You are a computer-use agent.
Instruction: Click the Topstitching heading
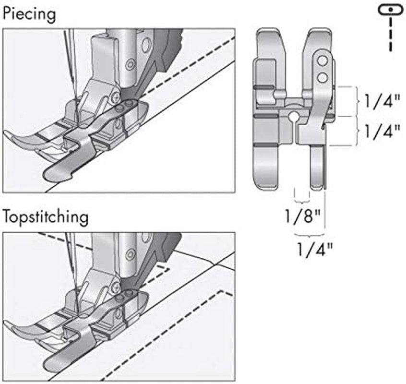click(x=46, y=217)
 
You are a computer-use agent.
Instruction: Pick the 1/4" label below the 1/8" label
click(x=314, y=248)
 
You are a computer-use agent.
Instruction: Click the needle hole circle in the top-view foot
click(x=292, y=116)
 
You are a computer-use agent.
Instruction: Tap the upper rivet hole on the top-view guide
click(x=322, y=60)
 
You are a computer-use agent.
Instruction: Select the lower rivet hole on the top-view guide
click(x=322, y=76)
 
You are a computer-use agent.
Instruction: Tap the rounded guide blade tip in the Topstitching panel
click(x=52, y=363)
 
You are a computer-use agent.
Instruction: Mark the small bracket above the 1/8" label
click(x=301, y=197)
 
